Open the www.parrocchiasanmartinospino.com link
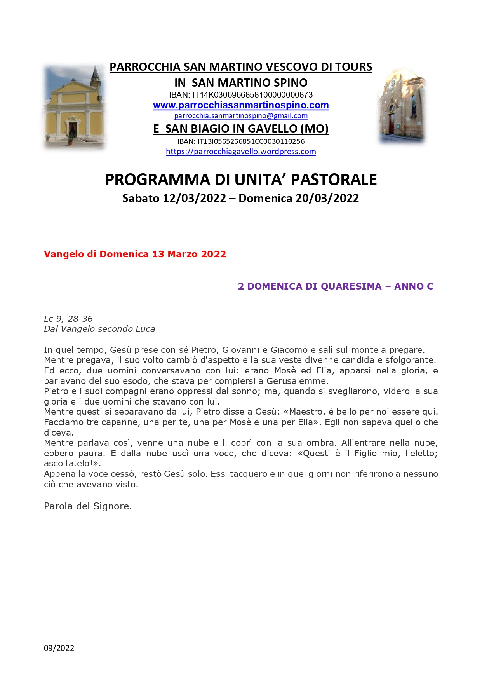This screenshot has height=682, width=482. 241,105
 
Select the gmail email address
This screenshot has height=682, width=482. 241,116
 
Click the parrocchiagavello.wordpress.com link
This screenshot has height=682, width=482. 241,152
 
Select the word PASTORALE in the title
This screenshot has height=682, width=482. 334,180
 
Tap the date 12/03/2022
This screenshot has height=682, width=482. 194,198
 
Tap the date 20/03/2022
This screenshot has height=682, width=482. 327,198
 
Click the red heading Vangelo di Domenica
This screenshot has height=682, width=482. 135,254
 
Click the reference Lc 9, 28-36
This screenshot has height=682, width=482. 68,319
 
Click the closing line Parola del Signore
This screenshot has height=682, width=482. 88,506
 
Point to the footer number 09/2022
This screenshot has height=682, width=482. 59,648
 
